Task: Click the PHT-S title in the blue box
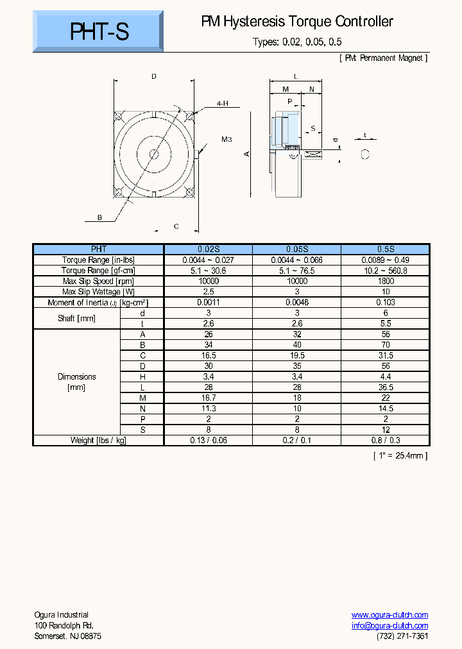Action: [x=99, y=31]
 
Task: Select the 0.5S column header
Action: [x=385, y=249]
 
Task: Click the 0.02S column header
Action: [x=209, y=249]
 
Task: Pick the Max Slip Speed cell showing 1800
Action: [x=385, y=281]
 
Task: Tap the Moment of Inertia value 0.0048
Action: [x=296, y=302]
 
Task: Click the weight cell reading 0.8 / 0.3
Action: [x=385, y=440]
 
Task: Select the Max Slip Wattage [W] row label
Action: [x=98, y=292]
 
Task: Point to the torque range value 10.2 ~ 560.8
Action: [x=385, y=271]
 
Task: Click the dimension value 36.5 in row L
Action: [x=385, y=387]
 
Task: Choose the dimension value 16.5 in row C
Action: [x=209, y=355]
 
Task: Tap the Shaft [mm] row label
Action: [x=76, y=318]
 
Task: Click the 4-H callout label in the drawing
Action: [x=222, y=103]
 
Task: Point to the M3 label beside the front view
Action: [x=226, y=139]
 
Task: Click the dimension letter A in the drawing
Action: [x=246, y=154]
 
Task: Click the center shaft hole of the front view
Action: [x=153, y=154]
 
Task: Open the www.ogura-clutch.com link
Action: [x=389, y=615]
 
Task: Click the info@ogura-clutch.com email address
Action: [x=389, y=626]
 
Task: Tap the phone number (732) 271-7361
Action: [x=402, y=636]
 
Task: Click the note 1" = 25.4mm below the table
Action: [x=400, y=455]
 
